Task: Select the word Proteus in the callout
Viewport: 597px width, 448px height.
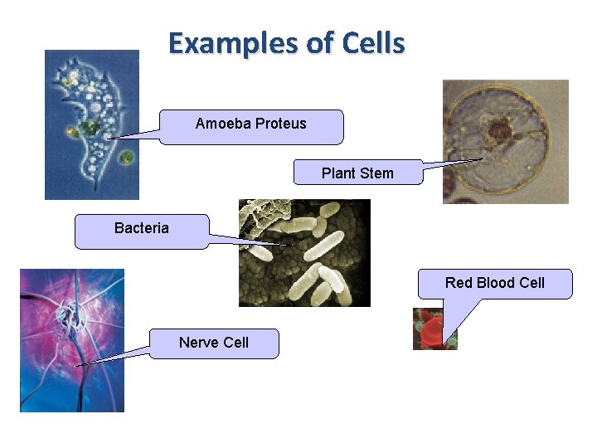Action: point(281,124)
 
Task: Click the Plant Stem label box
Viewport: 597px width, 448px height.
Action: point(357,173)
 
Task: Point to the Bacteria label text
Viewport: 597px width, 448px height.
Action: point(141,228)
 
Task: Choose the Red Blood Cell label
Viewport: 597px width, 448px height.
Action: point(494,283)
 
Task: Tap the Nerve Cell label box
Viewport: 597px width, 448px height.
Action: point(214,343)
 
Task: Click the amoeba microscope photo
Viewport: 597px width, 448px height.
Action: point(91,124)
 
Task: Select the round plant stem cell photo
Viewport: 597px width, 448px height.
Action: point(505,141)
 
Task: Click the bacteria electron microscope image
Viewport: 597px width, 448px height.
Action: point(303,253)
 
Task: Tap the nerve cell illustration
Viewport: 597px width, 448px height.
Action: point(71,340)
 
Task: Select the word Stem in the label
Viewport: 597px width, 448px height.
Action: point(377,173)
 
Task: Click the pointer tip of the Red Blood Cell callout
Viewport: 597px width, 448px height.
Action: point(447,342)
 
